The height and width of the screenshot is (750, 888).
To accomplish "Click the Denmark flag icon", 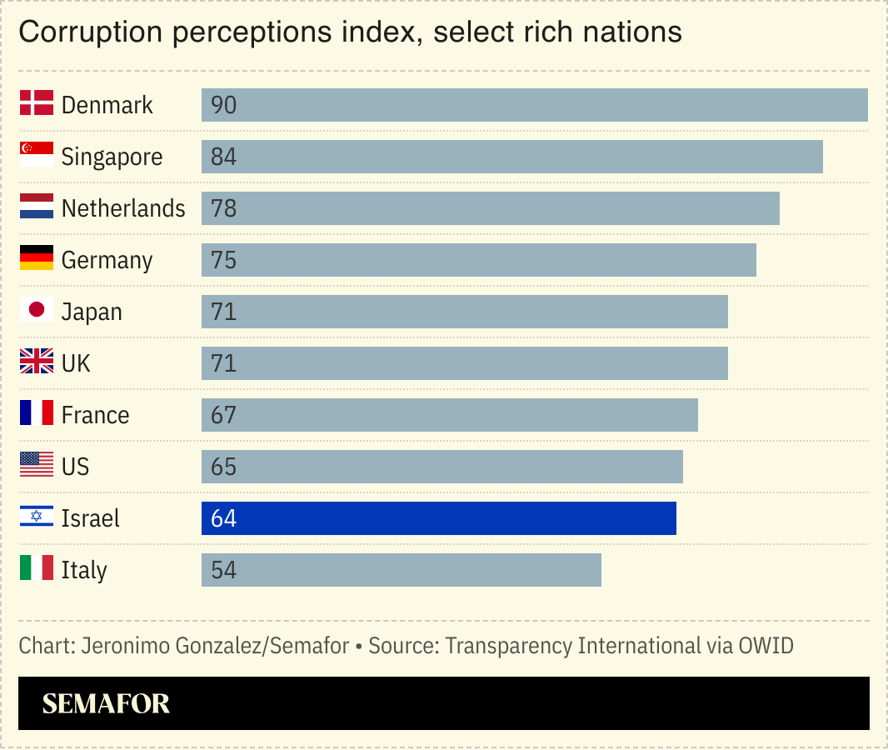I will pos(37,103).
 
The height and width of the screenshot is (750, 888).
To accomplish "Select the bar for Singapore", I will pos(511,157).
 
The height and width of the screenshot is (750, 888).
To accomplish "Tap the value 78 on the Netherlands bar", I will pos(224,208).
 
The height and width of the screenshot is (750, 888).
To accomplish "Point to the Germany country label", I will pos(107,260).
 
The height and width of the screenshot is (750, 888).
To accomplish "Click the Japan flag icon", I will pos(37,310).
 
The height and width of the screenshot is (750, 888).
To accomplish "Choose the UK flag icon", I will pos(37,362).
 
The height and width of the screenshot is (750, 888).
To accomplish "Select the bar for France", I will pos(449,415).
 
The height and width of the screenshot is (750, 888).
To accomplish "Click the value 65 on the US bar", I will pos(224,467).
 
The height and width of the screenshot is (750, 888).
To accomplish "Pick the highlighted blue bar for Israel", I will pos(438,518).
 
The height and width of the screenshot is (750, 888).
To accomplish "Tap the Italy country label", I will pos(84,570).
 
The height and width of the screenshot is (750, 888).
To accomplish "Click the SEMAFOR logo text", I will pos(106,703).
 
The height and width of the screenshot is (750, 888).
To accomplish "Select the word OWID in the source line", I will pos(766,646).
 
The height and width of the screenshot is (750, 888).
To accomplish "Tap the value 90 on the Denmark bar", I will pos(224,105).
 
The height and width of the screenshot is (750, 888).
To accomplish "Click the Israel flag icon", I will pos(37,517).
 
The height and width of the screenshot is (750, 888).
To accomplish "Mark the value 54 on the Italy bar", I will pos(224,570).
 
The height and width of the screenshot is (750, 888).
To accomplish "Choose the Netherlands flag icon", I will pos(37,207).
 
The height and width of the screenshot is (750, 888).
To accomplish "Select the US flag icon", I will pos(37,465).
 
